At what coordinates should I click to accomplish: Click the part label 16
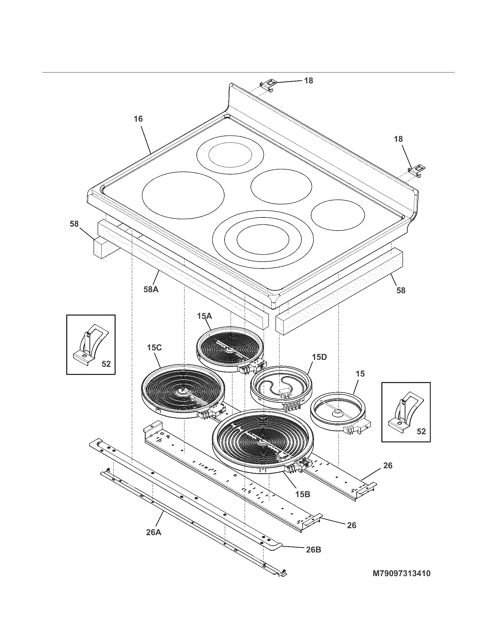pos(138,119)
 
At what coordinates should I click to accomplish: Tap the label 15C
pos(154,348)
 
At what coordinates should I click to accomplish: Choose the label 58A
pos(151,289)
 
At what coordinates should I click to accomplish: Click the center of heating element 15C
pos(182,391)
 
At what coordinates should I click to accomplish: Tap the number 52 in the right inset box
pos(421,431)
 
